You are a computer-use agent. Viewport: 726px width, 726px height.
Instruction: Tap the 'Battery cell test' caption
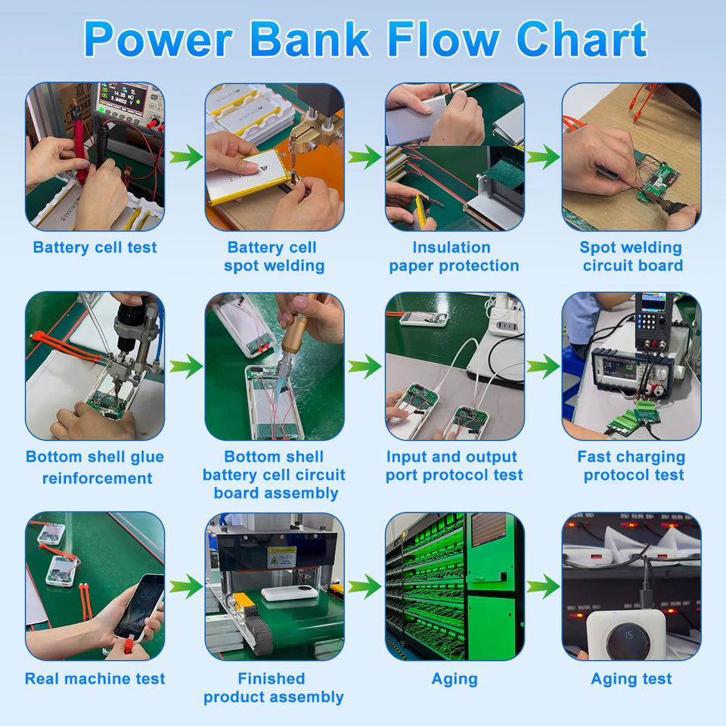(95, 247)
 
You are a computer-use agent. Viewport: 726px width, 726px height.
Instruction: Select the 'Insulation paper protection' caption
(454, 256)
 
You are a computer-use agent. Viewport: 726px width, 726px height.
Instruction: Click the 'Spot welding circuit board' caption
(631, 256)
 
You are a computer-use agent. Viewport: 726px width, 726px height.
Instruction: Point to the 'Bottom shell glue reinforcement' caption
(95, 467)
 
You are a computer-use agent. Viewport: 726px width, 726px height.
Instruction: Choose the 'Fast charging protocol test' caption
(631, 466)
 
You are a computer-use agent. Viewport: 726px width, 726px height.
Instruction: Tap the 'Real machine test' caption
(95, 678)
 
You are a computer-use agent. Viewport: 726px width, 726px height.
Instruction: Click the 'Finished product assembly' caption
(273, 687)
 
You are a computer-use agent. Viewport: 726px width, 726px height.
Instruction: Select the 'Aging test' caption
(631, 678)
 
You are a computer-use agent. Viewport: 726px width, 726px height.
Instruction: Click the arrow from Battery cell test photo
(185, 157)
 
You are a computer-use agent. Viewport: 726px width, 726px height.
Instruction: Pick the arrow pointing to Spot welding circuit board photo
(543, 157)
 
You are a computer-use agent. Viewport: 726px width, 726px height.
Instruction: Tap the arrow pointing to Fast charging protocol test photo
(543, 368)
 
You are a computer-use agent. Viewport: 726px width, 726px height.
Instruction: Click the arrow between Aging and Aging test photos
(543, 586)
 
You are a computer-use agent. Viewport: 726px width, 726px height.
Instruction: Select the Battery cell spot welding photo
(275, 157)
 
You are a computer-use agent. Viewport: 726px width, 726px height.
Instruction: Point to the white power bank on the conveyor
(290, 593)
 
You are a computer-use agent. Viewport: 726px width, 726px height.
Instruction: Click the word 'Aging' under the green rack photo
(454, 678)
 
